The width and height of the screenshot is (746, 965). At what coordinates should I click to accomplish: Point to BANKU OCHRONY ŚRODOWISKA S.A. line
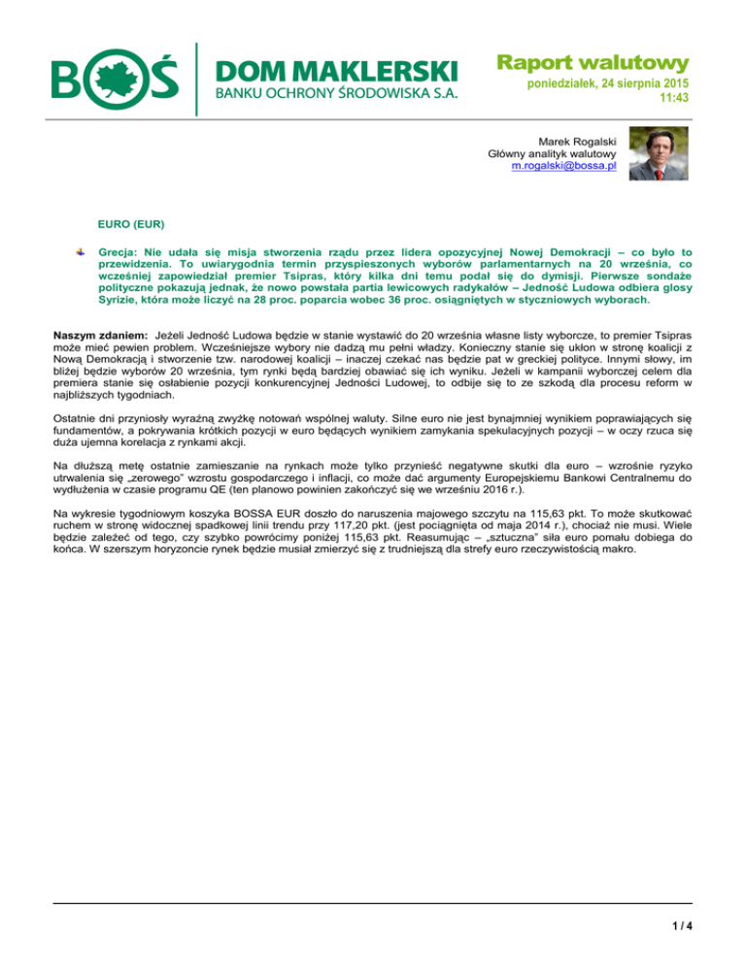pos(335,94)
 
